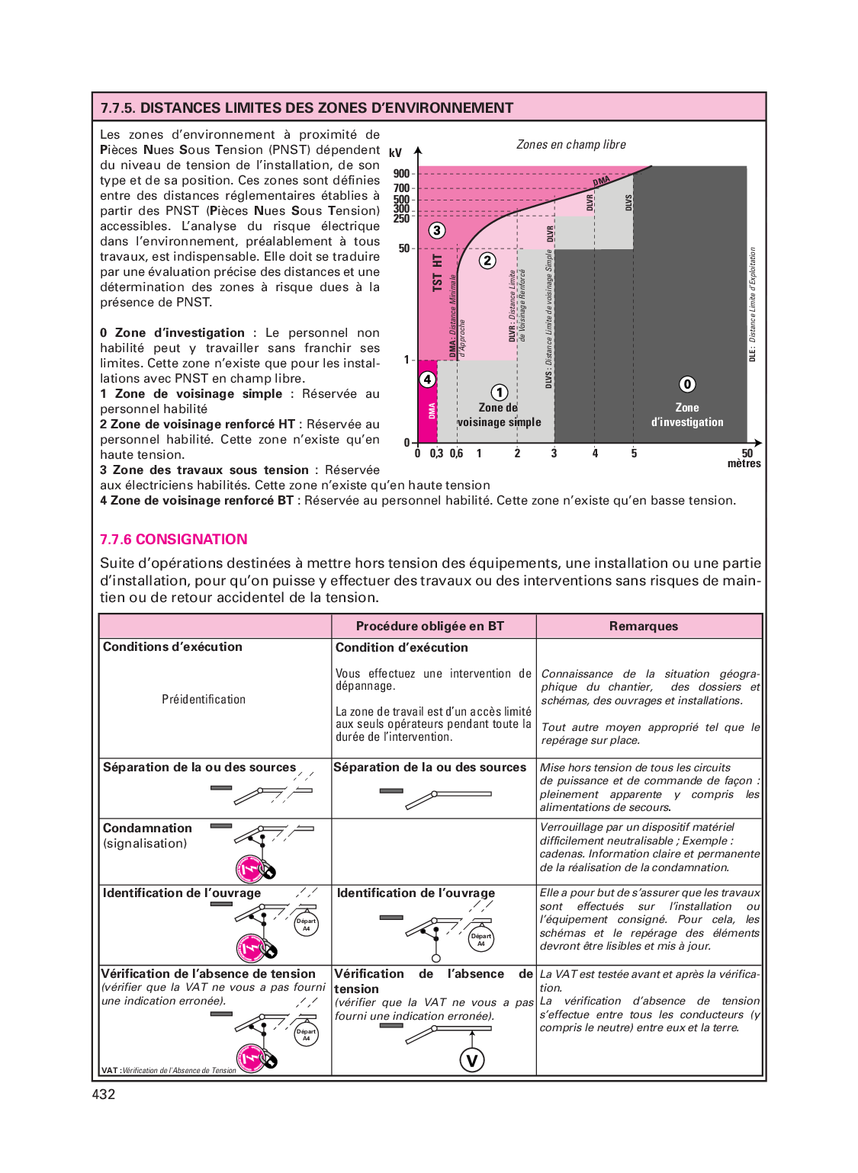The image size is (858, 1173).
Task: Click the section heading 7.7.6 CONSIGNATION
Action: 174,540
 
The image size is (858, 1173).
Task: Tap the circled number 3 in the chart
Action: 436,230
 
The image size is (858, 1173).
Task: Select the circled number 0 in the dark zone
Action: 687,384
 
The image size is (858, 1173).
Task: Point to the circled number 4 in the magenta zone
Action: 428,380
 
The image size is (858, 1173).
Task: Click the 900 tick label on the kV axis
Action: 401,174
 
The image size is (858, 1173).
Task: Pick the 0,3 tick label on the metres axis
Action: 436,453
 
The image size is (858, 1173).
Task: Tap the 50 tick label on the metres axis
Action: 747,453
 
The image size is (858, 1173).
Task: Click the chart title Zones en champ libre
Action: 571,145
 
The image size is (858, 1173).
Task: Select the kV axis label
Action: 395,152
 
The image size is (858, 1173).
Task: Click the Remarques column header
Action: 643,627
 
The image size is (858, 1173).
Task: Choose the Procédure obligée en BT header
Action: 430,627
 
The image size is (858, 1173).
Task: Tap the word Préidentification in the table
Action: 204,700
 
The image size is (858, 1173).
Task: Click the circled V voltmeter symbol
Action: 472,1060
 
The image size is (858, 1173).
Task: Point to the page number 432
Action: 104,1094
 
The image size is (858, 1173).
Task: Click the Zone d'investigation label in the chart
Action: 687,415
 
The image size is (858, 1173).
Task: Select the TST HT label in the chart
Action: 437,272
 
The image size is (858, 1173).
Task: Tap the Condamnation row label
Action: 147,828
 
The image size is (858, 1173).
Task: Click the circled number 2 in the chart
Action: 487,261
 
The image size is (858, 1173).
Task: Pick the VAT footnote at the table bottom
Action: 169,1071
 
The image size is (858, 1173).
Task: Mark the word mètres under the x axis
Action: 744,464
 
